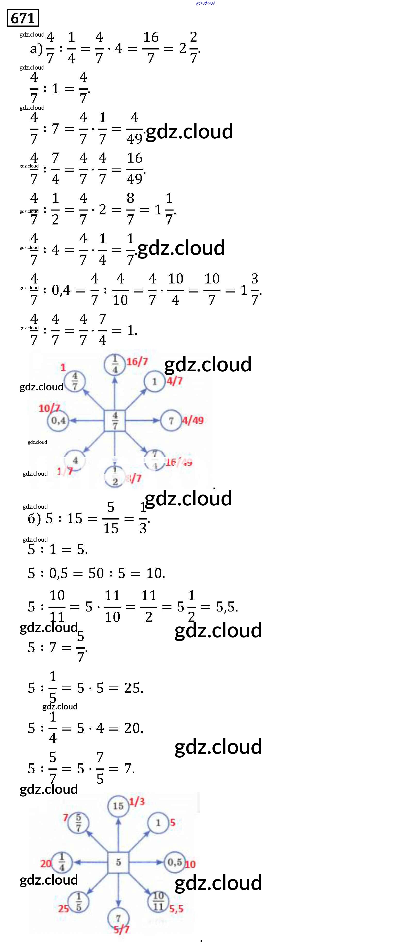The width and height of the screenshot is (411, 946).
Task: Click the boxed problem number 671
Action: click(22, 18)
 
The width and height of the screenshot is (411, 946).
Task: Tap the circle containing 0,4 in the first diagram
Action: click(58, 421)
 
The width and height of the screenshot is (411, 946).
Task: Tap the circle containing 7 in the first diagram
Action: click(171, 421)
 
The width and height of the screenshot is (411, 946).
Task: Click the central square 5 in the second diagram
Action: click(118, 862)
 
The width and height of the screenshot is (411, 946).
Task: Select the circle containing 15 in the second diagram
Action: click(118, 806)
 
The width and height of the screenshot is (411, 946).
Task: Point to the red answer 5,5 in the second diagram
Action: click(176, 909)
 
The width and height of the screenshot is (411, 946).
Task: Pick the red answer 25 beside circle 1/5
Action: click(63, 909)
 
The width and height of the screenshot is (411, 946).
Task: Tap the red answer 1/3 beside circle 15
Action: click(137, 802)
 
